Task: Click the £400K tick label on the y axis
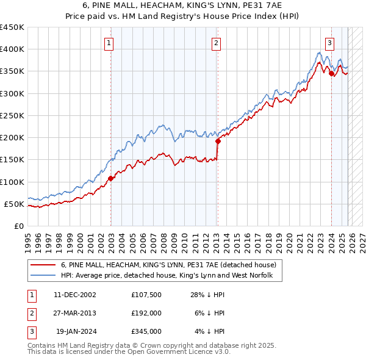point(12,49)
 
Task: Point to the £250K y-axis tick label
point(12,115)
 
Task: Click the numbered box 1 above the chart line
point(109,43)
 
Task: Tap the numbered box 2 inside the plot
point(217,43)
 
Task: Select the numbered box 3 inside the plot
point(329,43)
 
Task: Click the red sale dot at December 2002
point(111,179)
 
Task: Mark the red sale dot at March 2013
point(218,141)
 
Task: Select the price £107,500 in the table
point(146,294)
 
